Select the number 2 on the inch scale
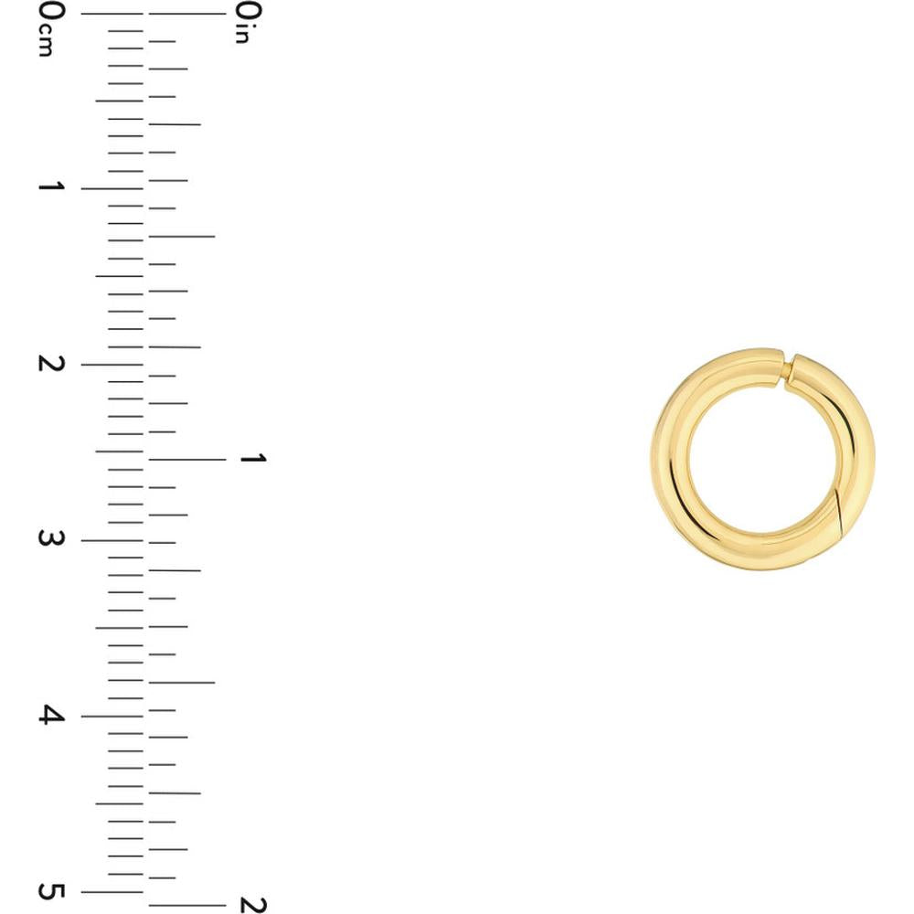tap(249, 905)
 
